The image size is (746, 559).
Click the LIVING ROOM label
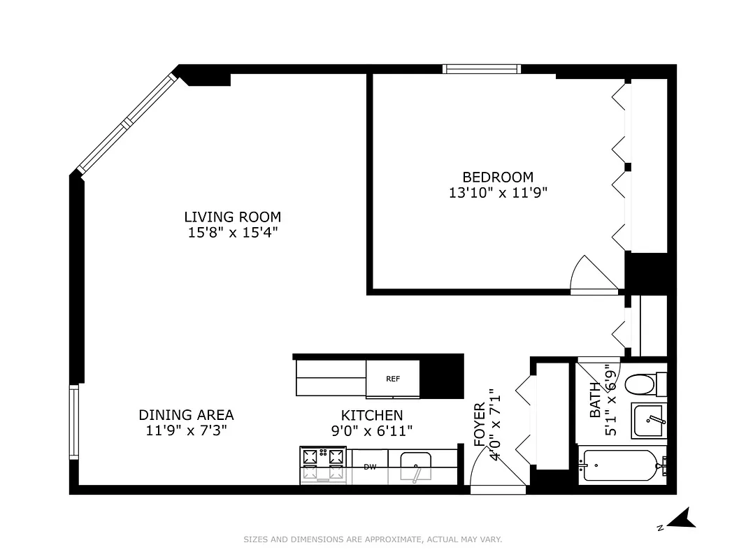coord(232,217)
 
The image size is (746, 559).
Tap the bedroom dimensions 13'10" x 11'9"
coord(497,193)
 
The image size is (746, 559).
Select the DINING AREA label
coord(186,414)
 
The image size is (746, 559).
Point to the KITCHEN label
coord(371,415)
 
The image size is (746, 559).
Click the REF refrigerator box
coord(393,379)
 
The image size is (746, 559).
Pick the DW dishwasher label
coord(370,467)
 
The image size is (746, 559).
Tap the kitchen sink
coord(415,466)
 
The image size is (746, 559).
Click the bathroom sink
coord(649,421)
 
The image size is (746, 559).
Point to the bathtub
coord(619,465)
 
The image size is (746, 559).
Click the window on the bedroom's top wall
coord(482,68)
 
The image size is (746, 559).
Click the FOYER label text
coord(480,425)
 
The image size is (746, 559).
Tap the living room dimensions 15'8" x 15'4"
coord(232,233)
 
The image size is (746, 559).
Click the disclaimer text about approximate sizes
coord(373,539)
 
